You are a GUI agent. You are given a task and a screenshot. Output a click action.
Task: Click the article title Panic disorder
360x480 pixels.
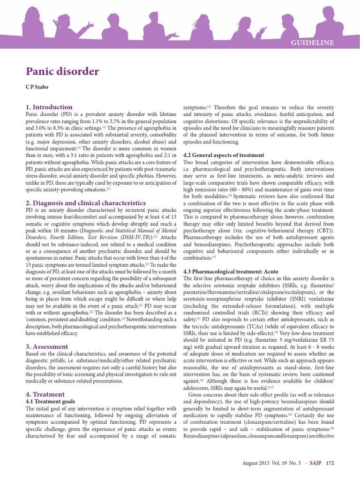(62, 71)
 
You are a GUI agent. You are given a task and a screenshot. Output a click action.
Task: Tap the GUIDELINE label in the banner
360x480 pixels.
(313, 43)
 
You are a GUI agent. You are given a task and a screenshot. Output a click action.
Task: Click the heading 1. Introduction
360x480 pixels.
(49, 107)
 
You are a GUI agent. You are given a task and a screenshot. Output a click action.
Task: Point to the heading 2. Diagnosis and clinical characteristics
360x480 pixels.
(85, 203)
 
